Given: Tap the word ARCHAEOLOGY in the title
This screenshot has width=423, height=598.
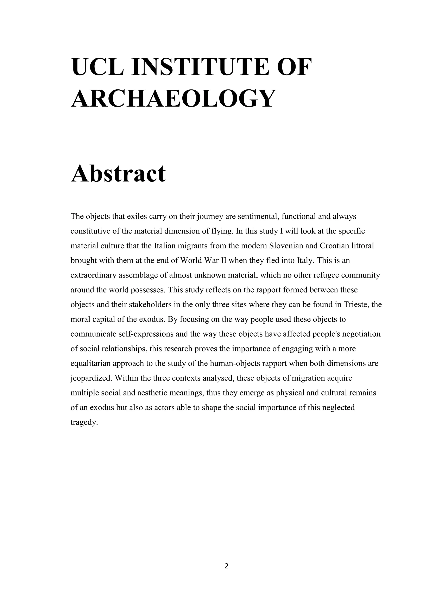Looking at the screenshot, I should [x=173, y=98].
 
